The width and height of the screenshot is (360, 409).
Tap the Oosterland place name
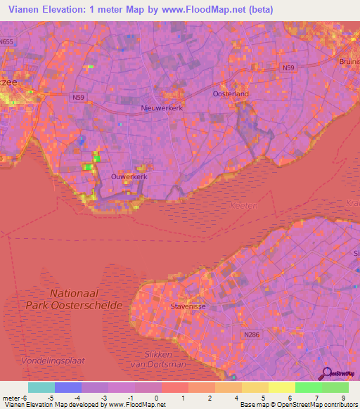231,93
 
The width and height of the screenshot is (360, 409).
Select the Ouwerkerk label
129,177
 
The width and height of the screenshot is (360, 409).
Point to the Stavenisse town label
186,307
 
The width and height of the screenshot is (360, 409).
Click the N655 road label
7,42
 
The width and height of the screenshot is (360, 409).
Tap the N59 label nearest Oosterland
288,67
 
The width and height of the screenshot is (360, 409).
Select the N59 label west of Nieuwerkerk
78,96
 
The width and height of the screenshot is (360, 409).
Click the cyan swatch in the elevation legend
41,387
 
